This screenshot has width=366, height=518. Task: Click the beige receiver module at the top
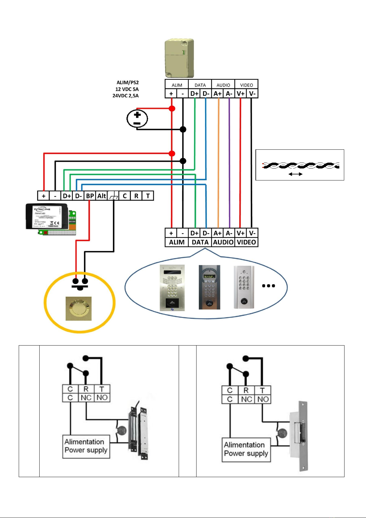tap(179, 58)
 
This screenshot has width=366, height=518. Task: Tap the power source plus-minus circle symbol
tap(137, 119)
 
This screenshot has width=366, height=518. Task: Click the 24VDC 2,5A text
tap(125, 96)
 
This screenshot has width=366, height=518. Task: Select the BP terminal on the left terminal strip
tap(90, 196)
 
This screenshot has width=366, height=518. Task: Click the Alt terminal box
tap(101, 196)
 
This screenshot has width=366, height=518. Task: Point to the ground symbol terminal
tap(113, 196)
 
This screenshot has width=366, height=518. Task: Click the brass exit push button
tap(79, 308)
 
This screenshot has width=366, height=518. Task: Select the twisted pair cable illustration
tap(300, 165)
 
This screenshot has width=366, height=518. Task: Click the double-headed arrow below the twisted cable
tap(295, 174)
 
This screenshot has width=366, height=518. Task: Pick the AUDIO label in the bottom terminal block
tap(223, 242)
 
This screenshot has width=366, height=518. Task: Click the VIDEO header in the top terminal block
tap(246, 85)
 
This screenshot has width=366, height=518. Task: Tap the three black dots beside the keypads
tap(268, 286)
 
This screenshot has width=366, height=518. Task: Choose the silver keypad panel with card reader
tap(172, 288)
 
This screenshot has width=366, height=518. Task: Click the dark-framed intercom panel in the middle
tap(209, 287)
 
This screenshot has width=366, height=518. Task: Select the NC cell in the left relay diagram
tap(86, 398)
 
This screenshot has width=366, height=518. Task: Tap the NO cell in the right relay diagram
tap(263, 399)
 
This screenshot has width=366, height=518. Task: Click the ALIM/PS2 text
tap(127, 82)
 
